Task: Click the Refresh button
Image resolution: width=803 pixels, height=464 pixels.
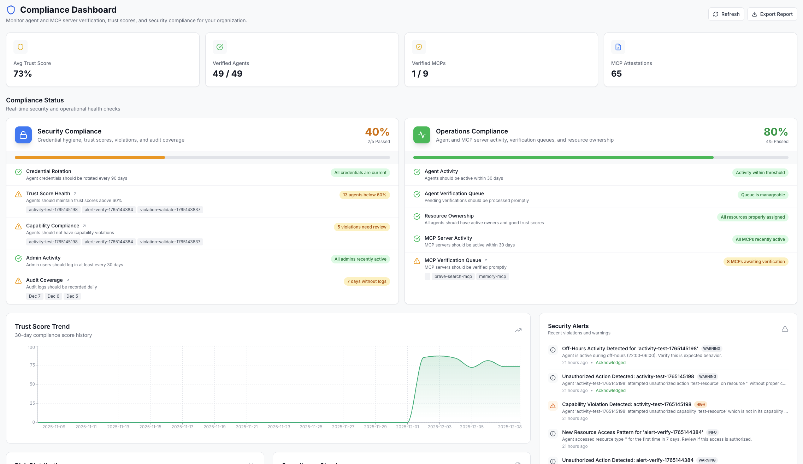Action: [726, 14]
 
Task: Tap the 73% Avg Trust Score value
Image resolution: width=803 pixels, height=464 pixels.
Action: [23, 74]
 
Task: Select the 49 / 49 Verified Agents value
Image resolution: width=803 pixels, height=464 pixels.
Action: [228, 74]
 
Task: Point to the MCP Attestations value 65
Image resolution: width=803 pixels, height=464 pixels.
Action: [616, 74]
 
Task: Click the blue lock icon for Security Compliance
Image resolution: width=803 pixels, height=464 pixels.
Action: [23, 135]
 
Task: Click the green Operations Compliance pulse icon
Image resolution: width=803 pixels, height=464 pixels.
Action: [422, 135]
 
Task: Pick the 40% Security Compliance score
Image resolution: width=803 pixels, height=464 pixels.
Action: [377, 132]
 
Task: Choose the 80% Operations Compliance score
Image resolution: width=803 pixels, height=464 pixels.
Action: [775, 132]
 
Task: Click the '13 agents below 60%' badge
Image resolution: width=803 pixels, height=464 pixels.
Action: [365, 195]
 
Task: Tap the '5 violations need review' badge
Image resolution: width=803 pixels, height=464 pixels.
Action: [362, 227]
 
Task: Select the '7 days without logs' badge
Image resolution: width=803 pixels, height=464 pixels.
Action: [367, 281]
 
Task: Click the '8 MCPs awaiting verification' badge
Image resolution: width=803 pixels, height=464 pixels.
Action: [756, 262]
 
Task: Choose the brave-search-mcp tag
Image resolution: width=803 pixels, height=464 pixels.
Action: [453, 276]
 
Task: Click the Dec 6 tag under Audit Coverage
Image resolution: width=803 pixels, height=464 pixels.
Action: [53, 296]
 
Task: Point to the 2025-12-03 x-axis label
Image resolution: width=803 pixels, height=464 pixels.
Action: [439, 427]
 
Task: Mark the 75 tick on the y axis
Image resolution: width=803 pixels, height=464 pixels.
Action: [33, 365]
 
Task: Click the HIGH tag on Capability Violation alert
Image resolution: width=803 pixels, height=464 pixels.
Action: [701, 405]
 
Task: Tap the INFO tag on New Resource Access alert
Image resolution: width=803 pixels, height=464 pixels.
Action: [712, 433]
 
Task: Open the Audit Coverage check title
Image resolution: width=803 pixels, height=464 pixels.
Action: [45, 280]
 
